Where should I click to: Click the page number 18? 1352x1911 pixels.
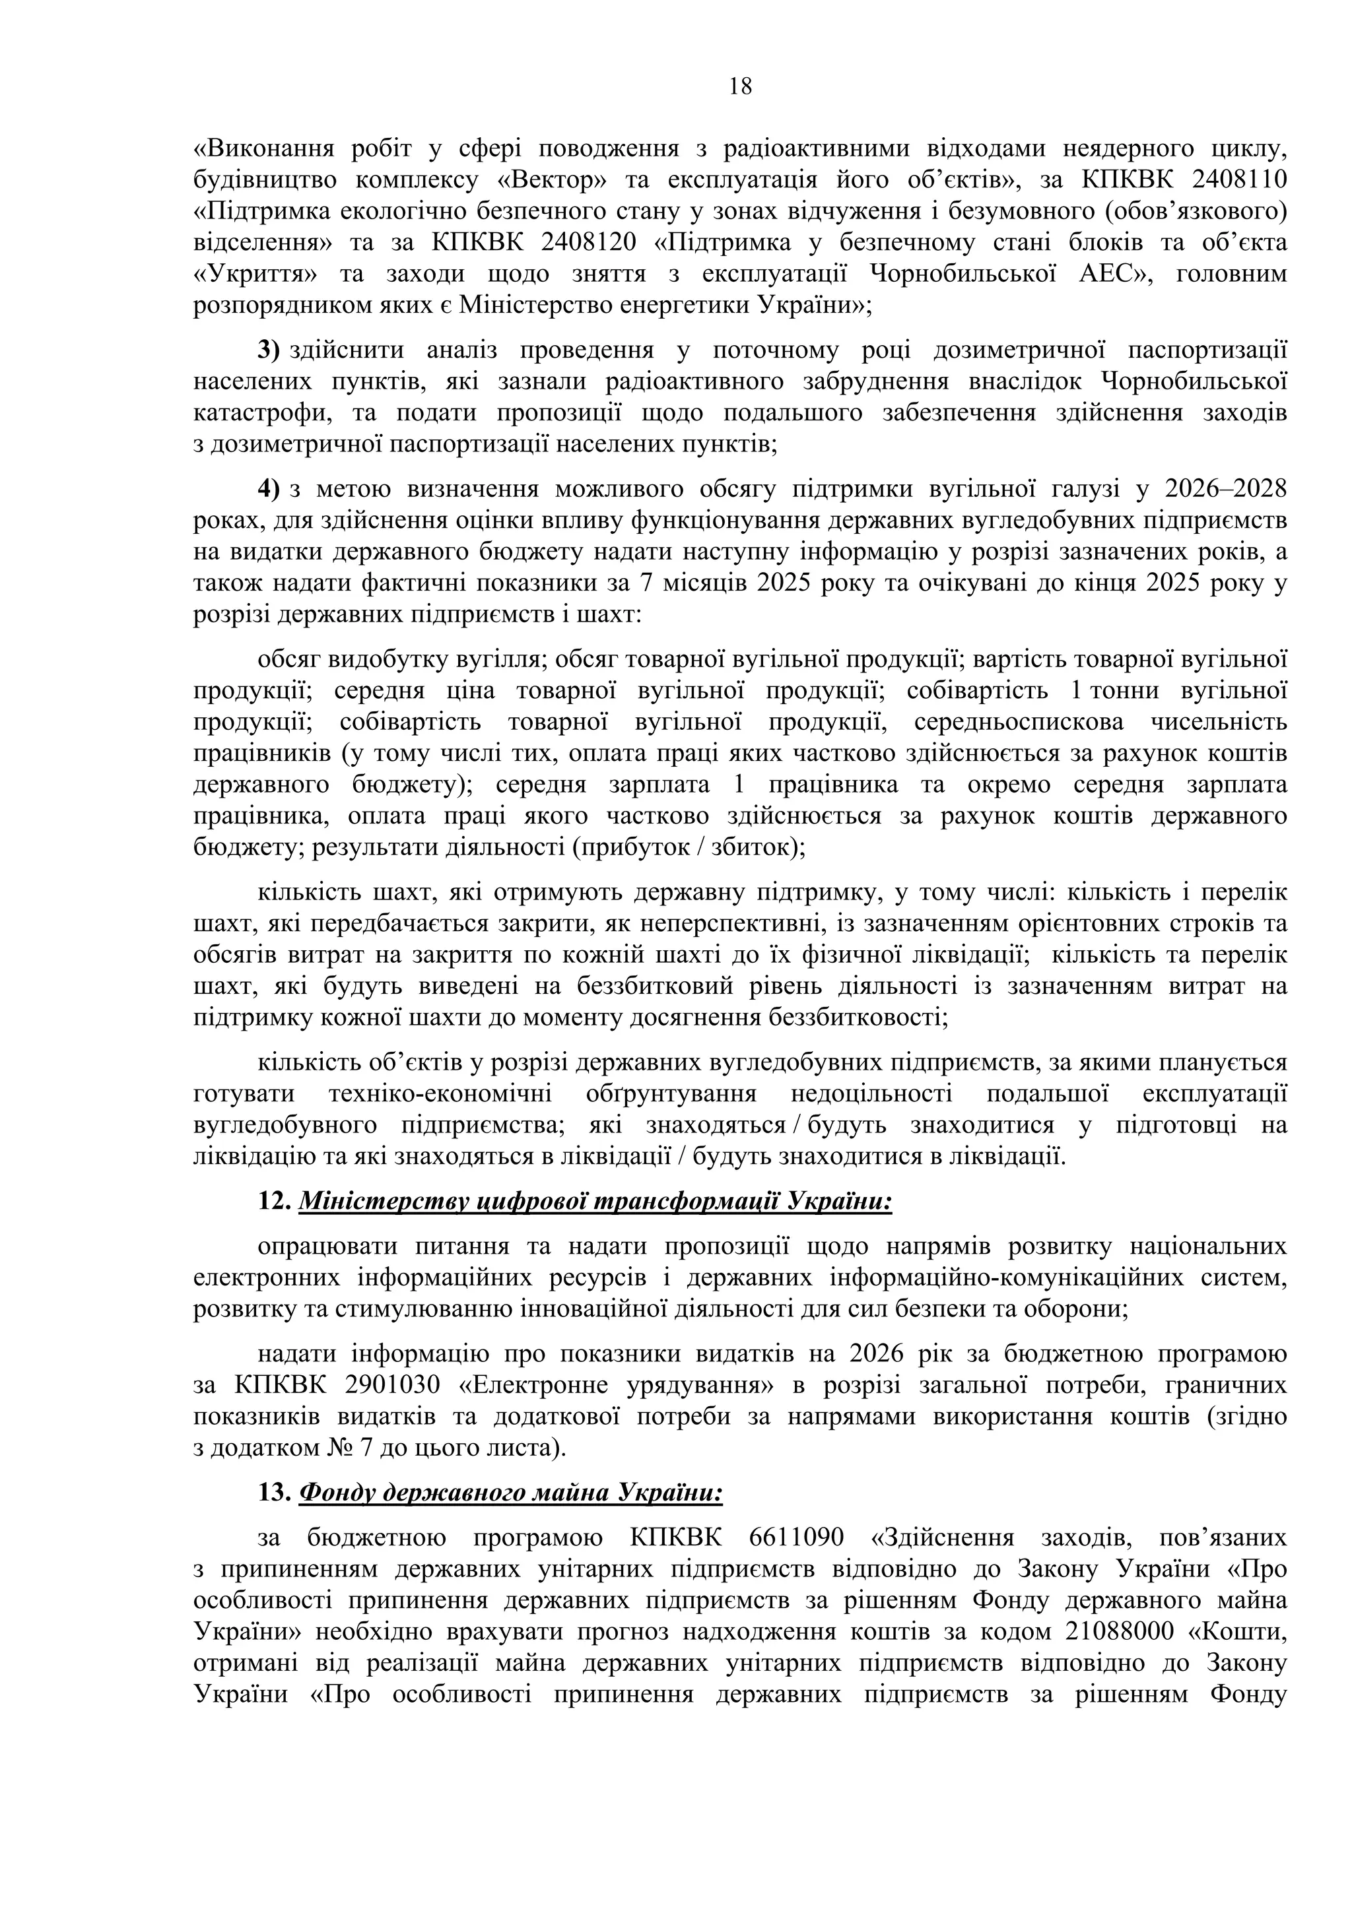739,86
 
